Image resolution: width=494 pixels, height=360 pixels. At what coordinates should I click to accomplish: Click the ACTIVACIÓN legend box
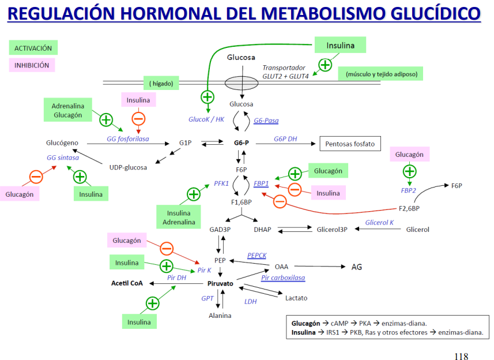33,48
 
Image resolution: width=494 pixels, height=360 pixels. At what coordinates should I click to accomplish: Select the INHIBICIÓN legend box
32,65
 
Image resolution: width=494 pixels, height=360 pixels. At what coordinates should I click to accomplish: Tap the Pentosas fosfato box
350,144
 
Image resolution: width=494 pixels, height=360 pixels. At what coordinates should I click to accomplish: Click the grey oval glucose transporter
242,83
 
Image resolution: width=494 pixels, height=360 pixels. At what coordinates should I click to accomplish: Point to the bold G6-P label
242,143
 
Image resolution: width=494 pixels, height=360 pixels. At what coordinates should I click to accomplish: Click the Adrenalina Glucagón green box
68,110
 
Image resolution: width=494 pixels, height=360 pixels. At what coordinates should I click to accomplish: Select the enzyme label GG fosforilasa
127,138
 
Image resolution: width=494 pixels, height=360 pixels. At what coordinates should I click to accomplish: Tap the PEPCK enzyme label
257,256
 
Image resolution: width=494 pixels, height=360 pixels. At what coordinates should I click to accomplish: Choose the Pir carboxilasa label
283,277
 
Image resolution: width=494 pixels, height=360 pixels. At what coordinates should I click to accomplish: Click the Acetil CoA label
127,283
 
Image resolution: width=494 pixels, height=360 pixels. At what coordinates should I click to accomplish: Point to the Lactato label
296,298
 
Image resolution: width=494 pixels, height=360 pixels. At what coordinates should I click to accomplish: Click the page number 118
461,356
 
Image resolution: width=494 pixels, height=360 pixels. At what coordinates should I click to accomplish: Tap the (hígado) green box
161,83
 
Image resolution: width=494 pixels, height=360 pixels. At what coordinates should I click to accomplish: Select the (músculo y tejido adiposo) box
380,74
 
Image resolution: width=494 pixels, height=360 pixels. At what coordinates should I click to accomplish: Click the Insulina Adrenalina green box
179,217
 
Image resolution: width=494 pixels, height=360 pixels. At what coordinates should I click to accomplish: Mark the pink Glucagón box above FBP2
409,154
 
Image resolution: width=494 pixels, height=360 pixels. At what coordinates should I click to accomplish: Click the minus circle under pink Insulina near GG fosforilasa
138,119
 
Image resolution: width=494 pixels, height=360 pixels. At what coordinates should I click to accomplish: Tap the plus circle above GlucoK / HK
208,97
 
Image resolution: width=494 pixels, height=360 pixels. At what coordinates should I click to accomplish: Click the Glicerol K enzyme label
379,222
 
